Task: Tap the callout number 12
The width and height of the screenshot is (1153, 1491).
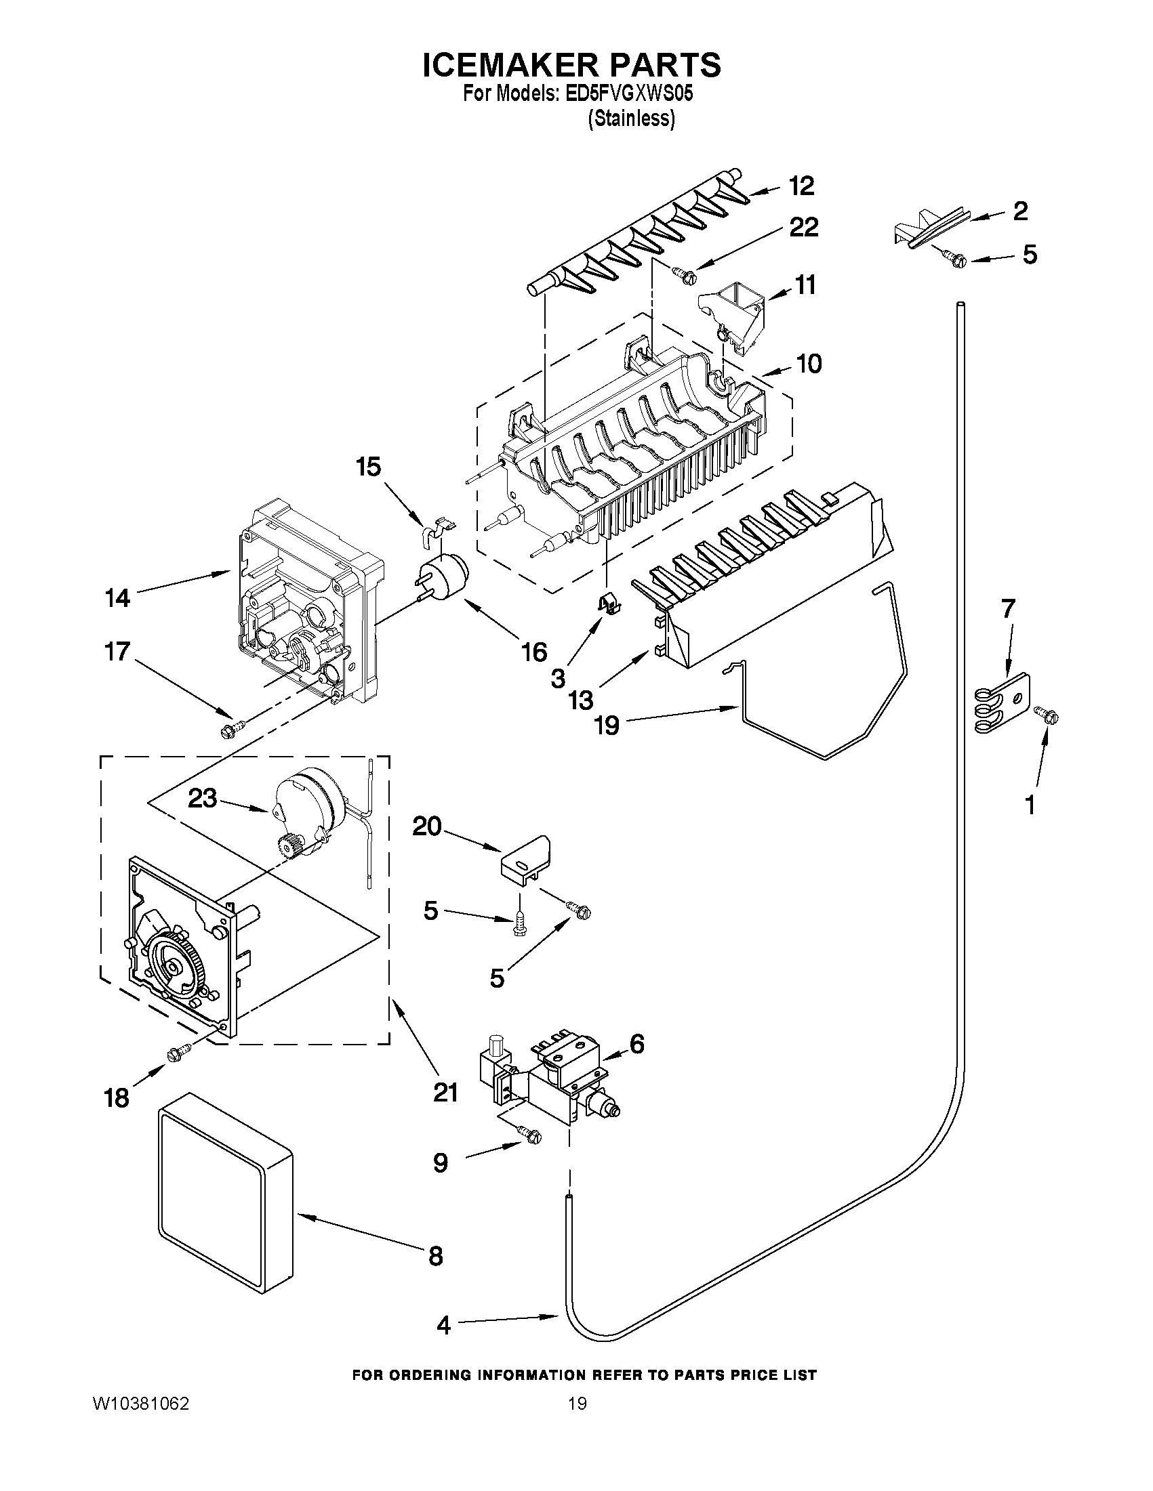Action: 801,186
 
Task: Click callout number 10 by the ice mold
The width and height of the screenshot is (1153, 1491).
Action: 809,364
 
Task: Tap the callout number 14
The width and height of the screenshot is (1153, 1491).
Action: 117,598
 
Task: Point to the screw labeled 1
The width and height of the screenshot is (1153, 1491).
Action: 1049,715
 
